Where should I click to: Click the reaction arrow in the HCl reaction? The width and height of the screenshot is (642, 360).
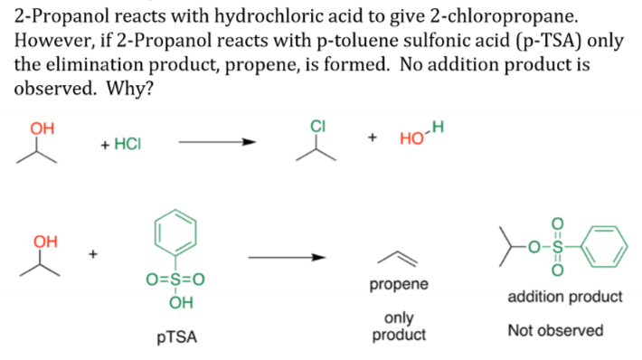pyautogui.click(x=217, y=141)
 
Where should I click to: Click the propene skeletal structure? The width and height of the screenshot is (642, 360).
pyautogui.click(x=398, y=258)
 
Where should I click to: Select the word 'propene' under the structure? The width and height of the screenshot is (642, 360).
pyautogui.click(x=399, y=285)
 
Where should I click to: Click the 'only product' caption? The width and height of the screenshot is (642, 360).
pyautogui.click(x=399, y=326)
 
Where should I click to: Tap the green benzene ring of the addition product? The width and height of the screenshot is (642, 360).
pyautogui.click(x=603, y=241)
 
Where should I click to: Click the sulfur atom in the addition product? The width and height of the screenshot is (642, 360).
pyautogui.click(x=556, y=242)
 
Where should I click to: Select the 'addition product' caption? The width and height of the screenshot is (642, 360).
pyautogui.click(x=565, y=297)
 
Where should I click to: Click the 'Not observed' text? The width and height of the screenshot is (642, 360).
pyautogui.click(x=555, y=330)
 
